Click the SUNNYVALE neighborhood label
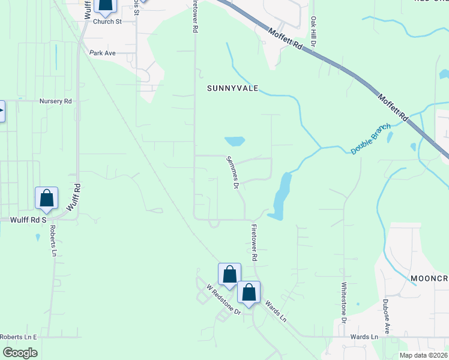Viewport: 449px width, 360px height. point(232,88)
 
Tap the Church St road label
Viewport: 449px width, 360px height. point(110,22)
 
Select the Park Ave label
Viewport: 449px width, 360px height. point(102,53)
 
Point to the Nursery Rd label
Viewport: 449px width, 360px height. point(55,101)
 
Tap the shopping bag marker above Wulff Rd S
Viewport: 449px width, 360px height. point(46,198)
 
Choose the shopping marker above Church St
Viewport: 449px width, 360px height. point(105,5)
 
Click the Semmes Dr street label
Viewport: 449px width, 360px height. point(231,172)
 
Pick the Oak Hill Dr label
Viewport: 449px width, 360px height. point(313,31)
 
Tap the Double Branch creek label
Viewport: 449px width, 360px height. point(370,139)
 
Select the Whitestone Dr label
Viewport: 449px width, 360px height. point(344,303)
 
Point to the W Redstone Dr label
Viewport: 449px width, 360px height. point(223,299)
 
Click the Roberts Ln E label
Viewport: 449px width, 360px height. point(19,337)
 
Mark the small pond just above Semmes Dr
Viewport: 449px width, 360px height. point(235,142)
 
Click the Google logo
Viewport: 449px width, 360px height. point(20,352)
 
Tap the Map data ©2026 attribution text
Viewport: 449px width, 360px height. point(423,355)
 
